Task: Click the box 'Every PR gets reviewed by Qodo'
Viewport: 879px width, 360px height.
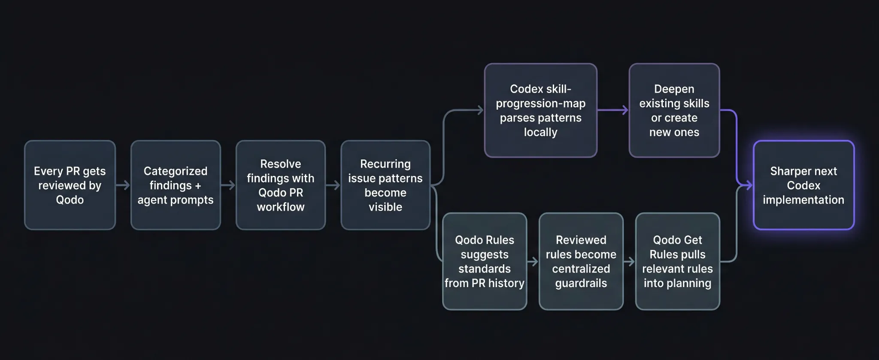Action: (70, 185)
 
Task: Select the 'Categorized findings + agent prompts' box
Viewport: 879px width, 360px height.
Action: (176, 185)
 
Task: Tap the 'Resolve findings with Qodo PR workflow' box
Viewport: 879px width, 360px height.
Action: (281, 185)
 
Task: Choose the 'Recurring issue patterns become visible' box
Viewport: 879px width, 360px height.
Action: (385, 185)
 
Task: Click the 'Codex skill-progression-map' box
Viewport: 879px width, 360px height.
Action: (540, 110)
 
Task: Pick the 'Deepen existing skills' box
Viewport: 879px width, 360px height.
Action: (674, 110)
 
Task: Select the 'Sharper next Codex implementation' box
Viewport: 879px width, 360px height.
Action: (803, 185)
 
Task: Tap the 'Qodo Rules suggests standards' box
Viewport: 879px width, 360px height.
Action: (485, 261)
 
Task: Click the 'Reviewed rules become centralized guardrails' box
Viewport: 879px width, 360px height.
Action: (581, 261)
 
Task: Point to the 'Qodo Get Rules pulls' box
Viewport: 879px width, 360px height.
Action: (677, 261)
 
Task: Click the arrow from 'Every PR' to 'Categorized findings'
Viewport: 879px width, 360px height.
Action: (123, 185)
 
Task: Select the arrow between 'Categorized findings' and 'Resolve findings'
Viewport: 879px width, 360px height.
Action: (228, 185)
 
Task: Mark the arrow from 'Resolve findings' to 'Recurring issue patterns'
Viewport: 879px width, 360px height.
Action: (333, 185)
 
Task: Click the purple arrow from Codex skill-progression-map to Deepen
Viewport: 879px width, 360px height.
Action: (613, 110)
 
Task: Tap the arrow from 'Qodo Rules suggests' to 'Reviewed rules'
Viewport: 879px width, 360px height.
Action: (533, 261)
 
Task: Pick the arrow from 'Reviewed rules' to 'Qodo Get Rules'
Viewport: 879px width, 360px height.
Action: (629, 261)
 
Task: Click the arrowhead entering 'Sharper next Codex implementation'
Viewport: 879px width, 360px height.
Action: (749, 185)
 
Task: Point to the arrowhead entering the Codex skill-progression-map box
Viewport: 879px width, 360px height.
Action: (480, 110)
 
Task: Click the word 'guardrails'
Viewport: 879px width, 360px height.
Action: (581, 283)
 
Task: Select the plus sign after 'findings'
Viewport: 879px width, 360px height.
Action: (198, 186)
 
